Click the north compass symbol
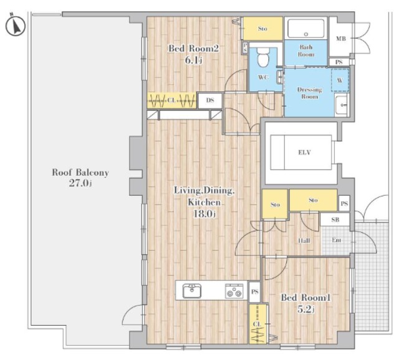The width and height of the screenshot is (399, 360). point(15,26)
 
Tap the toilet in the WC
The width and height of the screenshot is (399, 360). point(263,57)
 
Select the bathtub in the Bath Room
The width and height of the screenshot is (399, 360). point(306,29)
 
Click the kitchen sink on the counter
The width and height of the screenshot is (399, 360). point(192,291)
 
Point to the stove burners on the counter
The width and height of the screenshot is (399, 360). point(234,291)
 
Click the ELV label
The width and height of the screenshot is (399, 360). point(304,152)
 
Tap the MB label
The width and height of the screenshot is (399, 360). point(341,39)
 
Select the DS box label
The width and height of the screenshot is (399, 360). point(210,100)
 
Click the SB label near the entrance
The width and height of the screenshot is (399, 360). point(335,220)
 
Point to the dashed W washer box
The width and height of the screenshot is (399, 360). point(340,80)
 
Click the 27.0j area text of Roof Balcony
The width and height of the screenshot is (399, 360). point(80,183)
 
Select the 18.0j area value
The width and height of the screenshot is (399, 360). point(204,214)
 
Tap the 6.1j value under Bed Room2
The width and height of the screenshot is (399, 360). point(193,61)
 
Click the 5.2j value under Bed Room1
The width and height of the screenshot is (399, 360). point(306,309)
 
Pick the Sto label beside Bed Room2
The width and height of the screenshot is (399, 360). point(262,29)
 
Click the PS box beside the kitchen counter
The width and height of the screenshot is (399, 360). point(254,291)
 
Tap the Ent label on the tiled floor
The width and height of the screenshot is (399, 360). point(337,240)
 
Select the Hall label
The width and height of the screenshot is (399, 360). point(304,240)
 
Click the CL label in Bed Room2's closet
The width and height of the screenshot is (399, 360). point(171,100)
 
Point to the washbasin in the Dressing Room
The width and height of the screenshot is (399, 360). point(341,105)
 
